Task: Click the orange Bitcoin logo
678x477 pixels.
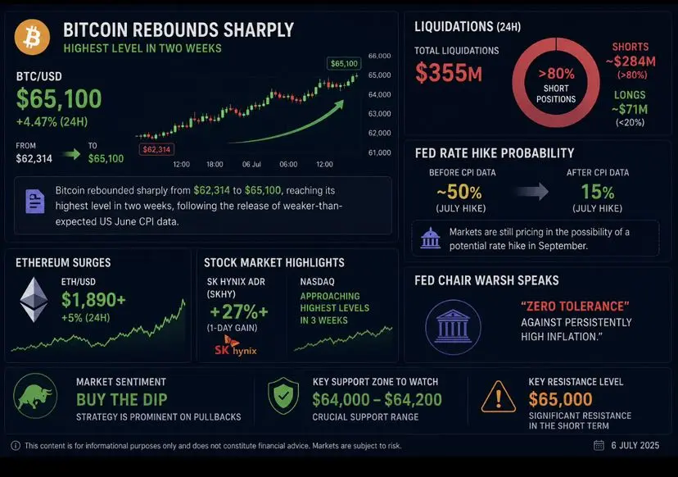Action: pyautogui.click(x=32, y=37)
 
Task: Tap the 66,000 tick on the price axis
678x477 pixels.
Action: pyautogui.click(x=379, y=56)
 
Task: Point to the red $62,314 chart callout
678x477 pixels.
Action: pyautogui.click(x=156, y=150)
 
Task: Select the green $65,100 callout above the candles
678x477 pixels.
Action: pyautogui.click(x=344, y=64)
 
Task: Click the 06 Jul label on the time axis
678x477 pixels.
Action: pyautogui.click(x=251, y=165)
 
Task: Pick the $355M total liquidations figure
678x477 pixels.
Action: pyautogui.click(x=449, y=72)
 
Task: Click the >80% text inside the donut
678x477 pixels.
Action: pyautogui.click(x=556, y=74)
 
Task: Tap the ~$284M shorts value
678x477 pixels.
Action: pyautogui.click(x=631, y=61)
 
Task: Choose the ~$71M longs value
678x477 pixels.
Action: pyautogui.click(x=630, y=109)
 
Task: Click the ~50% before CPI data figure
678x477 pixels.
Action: pyautogui.click(x=459, y=192)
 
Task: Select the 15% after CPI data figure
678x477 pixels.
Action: pyautogui.click(x=598, y=192)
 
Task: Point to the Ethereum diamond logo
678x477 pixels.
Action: pyautogui.click(x=34, y=299)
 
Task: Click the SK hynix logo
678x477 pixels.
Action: pyautogui.click(x=236, y=347)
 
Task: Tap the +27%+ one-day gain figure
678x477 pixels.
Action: pyautogui.click(x=238, y=311)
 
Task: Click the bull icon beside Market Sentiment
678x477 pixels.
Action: pyautogui.click(x=35, y=396)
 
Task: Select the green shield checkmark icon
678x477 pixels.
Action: pyautogui.click(x=283, y=395)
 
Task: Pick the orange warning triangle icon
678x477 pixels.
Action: pyautogui.click(x=499, y=397)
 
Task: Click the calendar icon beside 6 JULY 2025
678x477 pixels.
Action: pyautogui.click(x=599, y=445)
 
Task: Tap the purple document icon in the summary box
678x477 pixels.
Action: pyautogui.click(x=35, y=202)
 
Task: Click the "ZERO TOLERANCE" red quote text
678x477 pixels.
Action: pyautogui.click(x=575, y=307)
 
